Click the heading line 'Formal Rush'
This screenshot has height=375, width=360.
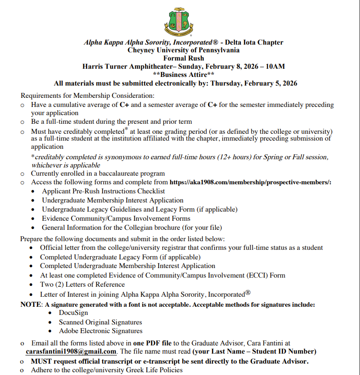pyautogui.click(x=184, y=58)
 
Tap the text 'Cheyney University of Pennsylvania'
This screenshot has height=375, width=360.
pyautogui.click(x=184, y=50)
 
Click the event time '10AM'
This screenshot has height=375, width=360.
pyautogui.click(x=275, y=66)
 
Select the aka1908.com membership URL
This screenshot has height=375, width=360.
pyautogui.click(x=250, y=182)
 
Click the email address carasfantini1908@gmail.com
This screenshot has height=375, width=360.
pyautogui.click(x=71, y=352)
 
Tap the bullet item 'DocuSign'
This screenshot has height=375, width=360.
pyautogui.click(x=73, y=313)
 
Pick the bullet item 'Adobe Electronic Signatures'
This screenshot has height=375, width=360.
pyautogui.click(x=100, y=331)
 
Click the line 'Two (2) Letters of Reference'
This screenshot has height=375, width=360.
pyautogui.click(x=82, y=284)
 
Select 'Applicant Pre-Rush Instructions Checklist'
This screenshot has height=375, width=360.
pyautogui.click(x=104, y=191)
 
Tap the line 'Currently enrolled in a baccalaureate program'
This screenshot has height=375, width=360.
pyautogui.click(x=98, y=173)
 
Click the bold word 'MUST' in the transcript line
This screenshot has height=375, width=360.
pyautogui.click(x=40, y=361)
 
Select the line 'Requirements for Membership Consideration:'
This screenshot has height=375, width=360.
pyautogui.click(x=88, y=96)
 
